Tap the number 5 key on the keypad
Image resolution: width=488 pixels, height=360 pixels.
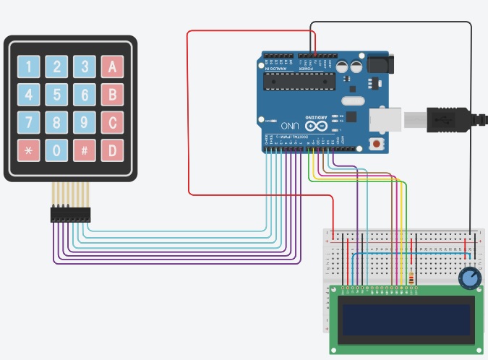56,95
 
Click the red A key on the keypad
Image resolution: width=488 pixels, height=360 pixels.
112,67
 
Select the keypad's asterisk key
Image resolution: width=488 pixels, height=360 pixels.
29,150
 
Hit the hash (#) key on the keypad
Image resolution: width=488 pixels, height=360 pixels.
85,150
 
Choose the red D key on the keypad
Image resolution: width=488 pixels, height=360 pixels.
112,150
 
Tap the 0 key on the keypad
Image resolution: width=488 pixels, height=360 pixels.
56,150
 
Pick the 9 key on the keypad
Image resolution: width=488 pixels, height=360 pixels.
85,122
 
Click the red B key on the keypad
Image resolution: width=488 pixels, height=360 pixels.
112,95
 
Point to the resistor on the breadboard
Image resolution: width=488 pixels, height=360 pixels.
412,278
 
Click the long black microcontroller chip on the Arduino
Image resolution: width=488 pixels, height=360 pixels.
298,82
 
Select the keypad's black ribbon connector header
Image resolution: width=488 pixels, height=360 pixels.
71,215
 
